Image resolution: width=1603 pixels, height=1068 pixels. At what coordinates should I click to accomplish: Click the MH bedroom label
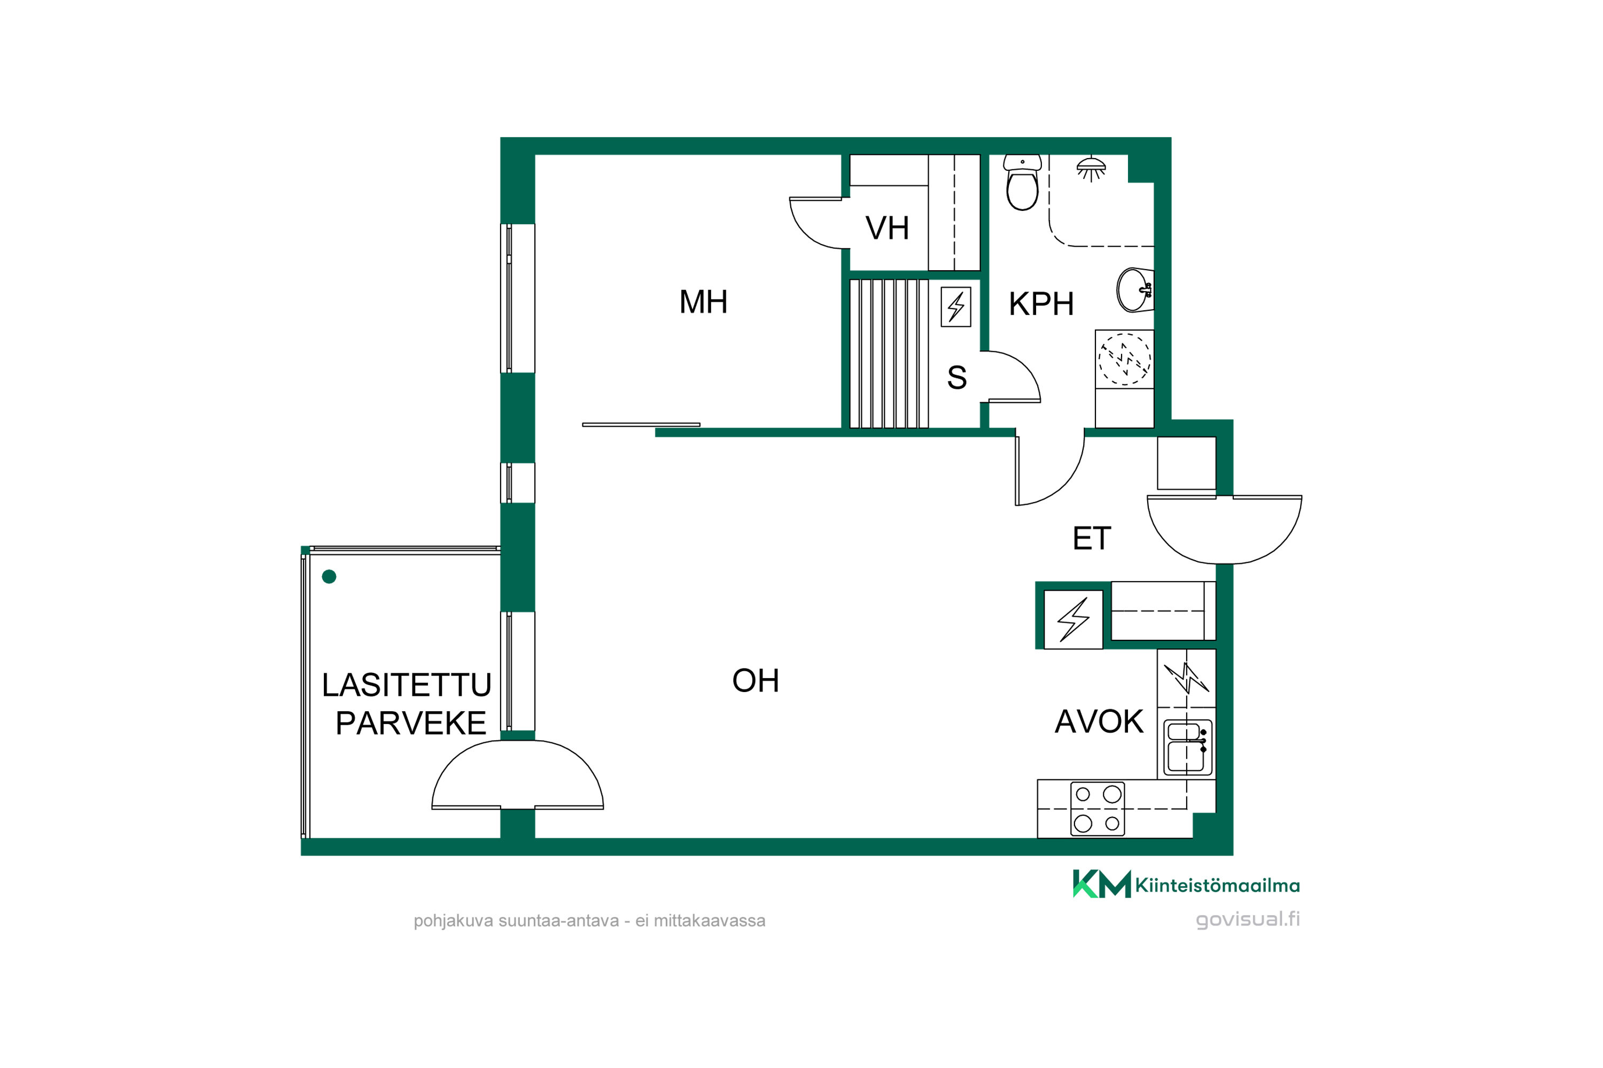703,302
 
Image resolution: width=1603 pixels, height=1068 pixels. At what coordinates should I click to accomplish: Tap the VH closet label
886,228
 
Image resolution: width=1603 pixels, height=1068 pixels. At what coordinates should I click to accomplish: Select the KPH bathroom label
1041,304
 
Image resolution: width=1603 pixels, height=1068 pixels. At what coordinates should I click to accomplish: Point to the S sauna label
957,378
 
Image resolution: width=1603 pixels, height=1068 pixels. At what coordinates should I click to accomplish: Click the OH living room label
755,680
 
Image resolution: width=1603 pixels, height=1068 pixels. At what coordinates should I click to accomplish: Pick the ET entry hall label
1092,539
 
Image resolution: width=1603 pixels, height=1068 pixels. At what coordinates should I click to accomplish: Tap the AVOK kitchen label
1099,722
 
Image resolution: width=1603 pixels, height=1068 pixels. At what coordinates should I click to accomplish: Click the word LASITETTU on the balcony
406,685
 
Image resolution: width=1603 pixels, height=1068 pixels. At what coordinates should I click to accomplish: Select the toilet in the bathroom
1022,183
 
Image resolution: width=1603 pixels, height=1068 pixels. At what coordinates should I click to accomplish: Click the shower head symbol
1091,169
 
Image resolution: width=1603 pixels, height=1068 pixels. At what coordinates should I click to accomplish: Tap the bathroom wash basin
1135,290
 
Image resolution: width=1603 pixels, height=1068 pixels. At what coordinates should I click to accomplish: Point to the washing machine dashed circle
1125,359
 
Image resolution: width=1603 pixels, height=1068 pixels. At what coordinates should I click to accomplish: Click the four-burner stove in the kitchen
1098,809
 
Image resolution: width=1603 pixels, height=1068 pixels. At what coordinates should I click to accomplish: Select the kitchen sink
1187,747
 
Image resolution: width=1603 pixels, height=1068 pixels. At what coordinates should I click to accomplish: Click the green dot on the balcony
329,577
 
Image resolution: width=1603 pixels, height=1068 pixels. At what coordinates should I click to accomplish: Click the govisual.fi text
1248,919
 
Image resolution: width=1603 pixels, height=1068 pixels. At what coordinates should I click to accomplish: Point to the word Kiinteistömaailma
1217,885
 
